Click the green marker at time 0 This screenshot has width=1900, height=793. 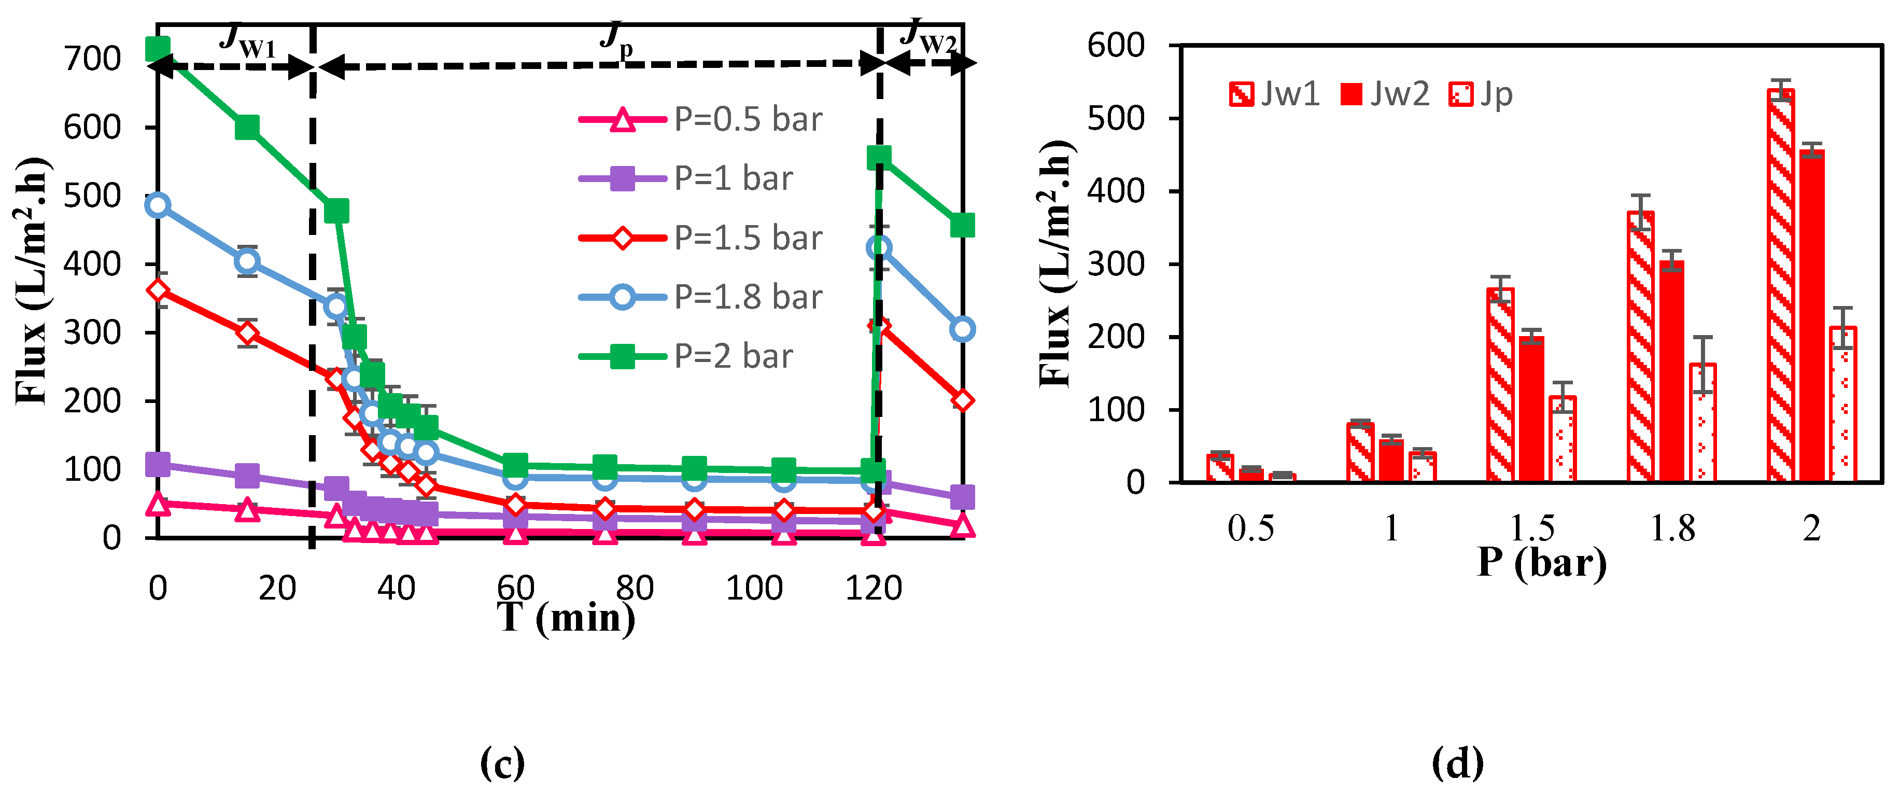point(158,49)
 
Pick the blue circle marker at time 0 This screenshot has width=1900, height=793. point(158,204)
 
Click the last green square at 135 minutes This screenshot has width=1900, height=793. point(962,225)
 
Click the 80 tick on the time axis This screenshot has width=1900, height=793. point(635,588)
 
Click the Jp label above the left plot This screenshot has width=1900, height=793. point(616,37)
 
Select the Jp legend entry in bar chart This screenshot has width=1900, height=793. point(1482,94)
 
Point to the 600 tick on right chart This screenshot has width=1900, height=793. point(1116,46)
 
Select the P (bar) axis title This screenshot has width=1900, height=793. point(1542,563)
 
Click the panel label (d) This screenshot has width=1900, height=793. point(1457,763)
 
